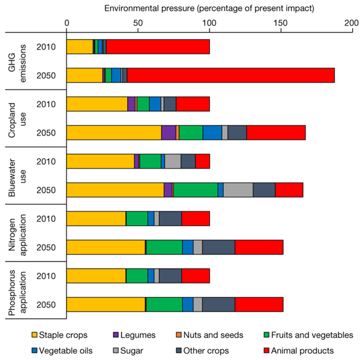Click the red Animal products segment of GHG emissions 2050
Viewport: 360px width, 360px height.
[231, 75]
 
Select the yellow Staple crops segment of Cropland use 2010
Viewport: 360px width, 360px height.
[97, 104]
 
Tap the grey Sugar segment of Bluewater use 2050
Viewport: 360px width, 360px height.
[238, 190]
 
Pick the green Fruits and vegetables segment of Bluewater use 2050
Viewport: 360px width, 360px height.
[195, 190]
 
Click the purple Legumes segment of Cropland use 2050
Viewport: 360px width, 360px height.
[168, 133]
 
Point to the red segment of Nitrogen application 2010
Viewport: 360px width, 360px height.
[196, 219]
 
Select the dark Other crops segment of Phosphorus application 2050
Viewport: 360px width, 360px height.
[218, 304]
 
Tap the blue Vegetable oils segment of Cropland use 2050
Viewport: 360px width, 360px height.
[212, 133]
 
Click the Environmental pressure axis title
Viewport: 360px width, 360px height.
[209, 8]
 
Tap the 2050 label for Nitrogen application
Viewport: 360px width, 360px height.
[46, 247]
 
